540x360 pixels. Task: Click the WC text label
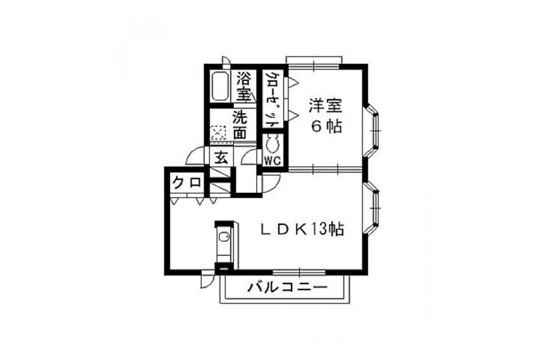tap(272, 161)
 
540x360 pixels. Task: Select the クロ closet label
tap(187, 183)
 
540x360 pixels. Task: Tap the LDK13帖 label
tap(302, 229)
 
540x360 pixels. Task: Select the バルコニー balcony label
tap(287, 288)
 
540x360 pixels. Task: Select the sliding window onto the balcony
tap(299, 272)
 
